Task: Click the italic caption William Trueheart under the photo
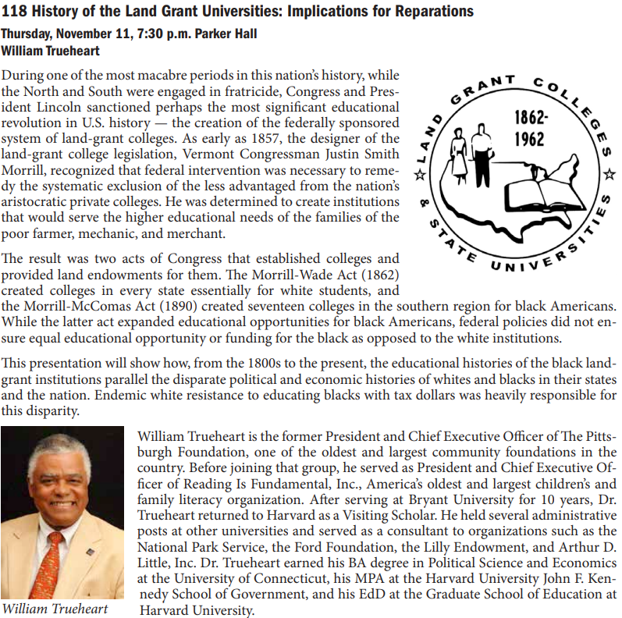pyautogui.click(x=55, y=609)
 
